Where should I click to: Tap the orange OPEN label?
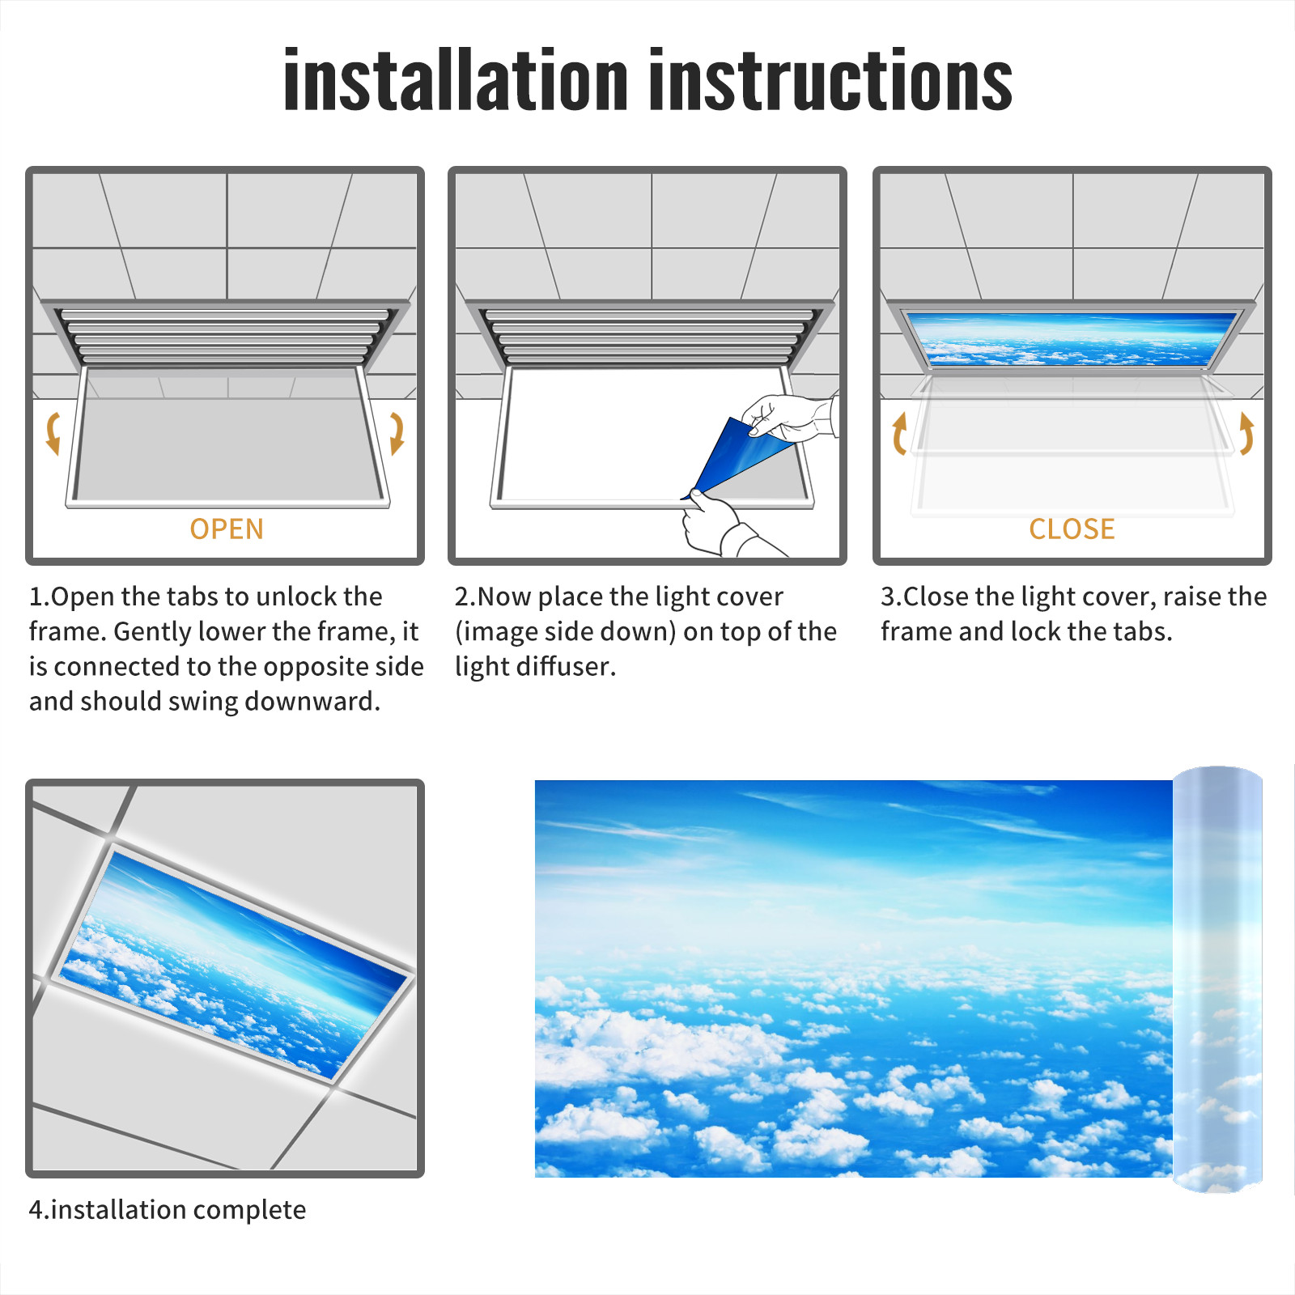(227, 529)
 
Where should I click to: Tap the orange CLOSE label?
(1072, 529)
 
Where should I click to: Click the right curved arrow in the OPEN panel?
(397, 433)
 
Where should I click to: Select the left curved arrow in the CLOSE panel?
(898, 433)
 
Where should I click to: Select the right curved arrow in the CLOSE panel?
(1246, 433)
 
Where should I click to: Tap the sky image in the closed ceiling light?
(1072, 338)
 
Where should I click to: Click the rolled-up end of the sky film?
(1217, 979)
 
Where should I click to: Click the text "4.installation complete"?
(168, 1209)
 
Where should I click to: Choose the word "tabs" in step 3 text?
(1144, 631)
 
